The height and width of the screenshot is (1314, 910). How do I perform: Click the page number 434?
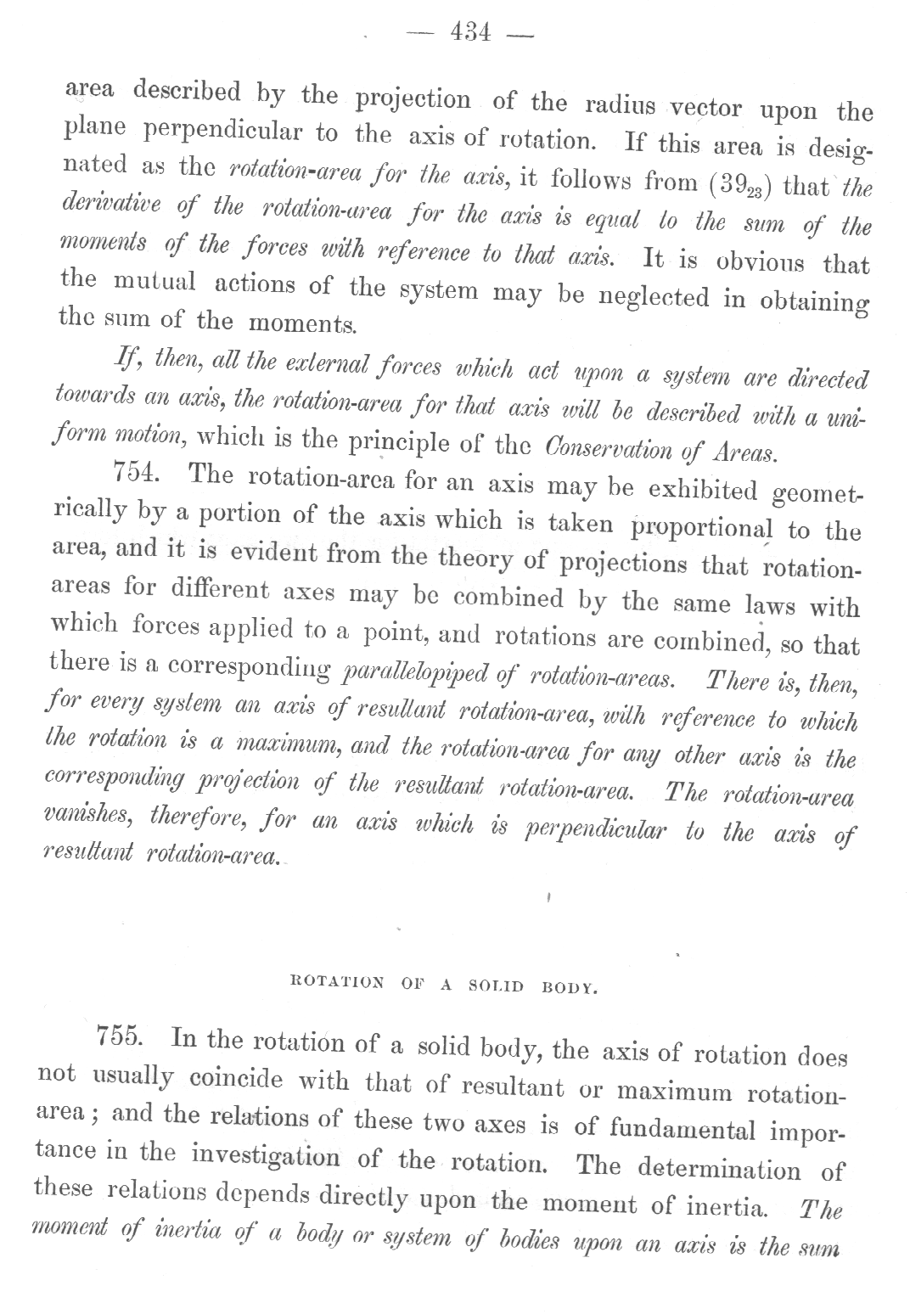click(x=472, y=32)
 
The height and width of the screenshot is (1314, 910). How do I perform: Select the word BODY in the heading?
click(x=570, y=987)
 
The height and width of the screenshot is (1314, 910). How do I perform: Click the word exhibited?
click(x=701, y=490)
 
